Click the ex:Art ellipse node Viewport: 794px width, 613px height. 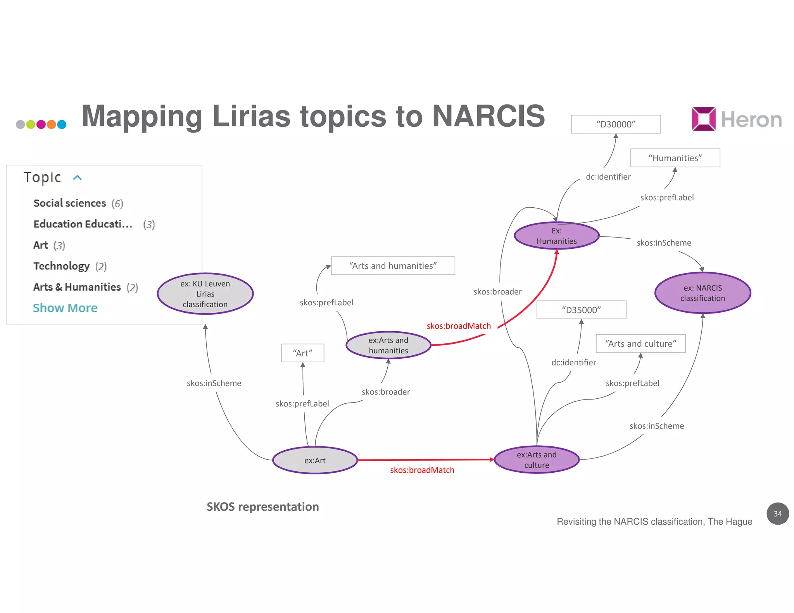(x=315, y=460)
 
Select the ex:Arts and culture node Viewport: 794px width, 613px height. (x=537, y=460)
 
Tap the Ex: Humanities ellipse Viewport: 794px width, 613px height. (x=557, y=236)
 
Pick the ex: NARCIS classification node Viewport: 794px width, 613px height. (x=703, y=293)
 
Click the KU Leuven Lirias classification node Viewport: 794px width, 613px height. (x=205, y=294)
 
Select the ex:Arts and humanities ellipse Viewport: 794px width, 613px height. (x=388, y=345)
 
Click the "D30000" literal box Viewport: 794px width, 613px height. (x=616, y=124)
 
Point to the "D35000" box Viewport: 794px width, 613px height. (x=581, y=310)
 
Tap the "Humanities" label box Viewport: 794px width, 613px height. (x=675, y=158)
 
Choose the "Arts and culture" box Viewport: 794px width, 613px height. (x=640, y=344)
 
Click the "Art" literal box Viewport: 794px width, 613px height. (x=302, y=353)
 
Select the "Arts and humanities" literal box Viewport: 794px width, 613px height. (x=393, y=266)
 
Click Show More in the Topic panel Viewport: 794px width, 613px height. (x=65, y=308)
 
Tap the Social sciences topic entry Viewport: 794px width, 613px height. (x=70, y=203)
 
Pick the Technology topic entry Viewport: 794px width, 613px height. (x=62, y=266)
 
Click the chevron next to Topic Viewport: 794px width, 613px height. (x=78, y=177)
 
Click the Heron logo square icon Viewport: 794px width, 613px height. (x=703, y=119)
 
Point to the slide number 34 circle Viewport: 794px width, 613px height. (x=777, y=514)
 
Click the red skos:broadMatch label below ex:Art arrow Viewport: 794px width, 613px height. (x=422, y=470)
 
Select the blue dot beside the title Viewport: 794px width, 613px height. (x=62, y=124)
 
